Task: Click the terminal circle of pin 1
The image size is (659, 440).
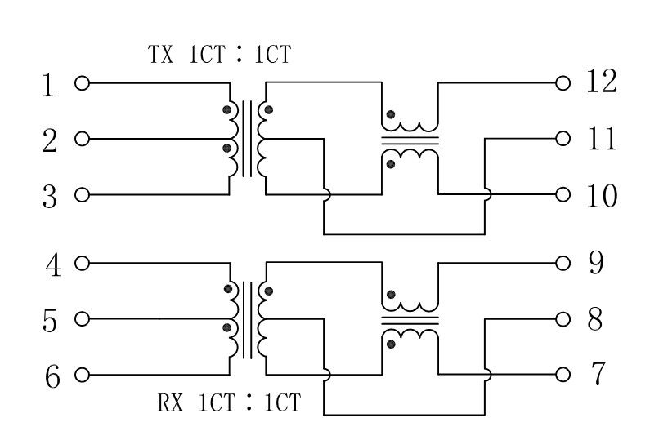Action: [83, 83]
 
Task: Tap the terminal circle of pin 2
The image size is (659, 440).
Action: [83, 139]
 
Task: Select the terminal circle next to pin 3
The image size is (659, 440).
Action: [83, 194]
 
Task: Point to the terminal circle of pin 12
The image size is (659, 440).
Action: [563, 83]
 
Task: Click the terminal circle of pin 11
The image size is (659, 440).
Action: [563, 139]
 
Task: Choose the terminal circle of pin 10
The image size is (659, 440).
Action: [563, 194]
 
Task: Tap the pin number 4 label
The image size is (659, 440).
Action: [53, 265]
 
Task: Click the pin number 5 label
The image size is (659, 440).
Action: [50, 321]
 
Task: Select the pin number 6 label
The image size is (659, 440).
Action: [52, 376]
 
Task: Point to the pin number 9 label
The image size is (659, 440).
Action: [596, 263]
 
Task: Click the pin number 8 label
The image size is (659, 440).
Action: [594, 319]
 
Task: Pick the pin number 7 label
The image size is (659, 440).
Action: [598, 374]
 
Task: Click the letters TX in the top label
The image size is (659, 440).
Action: [160, 54]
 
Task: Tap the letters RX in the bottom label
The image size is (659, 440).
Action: [170, 402]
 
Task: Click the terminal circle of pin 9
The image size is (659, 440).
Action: [563, 264]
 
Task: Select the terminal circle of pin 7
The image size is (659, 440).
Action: [563, 375]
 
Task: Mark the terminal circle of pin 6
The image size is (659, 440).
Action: [83, 375]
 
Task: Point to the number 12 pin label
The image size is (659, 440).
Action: [602, 82]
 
